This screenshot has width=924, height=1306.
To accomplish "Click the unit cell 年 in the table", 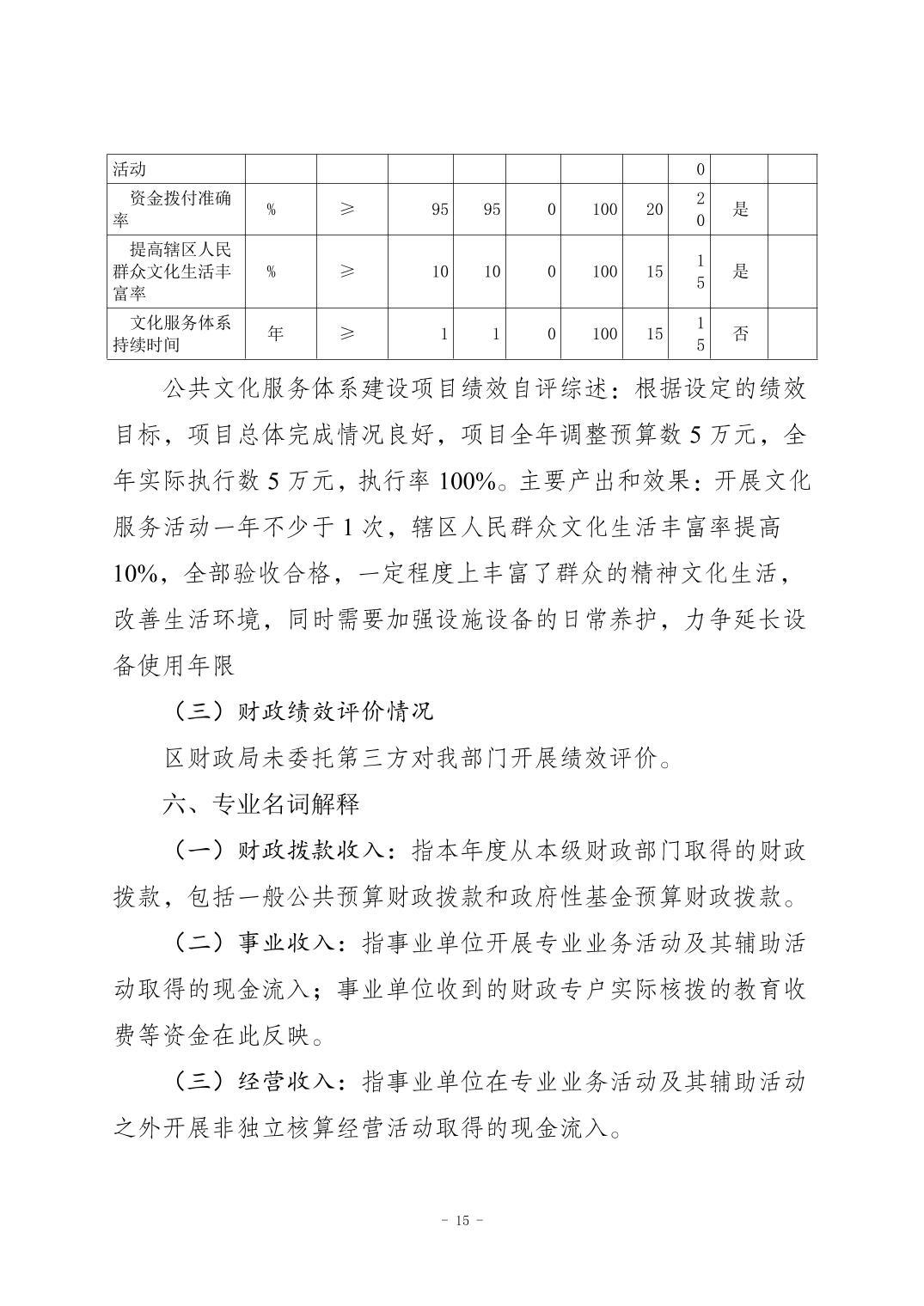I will point(275,334).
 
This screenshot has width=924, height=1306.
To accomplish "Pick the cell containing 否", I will point(740,334).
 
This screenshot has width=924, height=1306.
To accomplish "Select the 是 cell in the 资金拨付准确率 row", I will point(740,209).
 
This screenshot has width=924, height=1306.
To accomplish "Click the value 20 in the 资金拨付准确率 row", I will point(654,209).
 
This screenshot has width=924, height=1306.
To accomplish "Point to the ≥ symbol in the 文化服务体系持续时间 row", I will point(346,334).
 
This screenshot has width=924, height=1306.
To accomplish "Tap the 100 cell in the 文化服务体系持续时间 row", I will point(604,334).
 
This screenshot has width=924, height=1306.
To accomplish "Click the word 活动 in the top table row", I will point(130,169).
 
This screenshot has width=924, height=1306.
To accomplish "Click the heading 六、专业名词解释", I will point(261,804).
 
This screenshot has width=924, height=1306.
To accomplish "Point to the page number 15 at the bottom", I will point(462,1220).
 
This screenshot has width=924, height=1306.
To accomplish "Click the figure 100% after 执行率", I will point(467,481).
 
